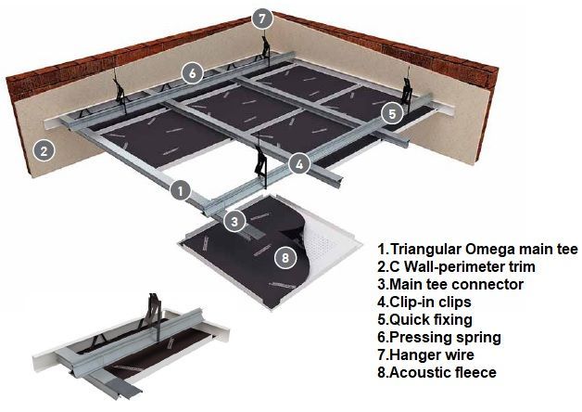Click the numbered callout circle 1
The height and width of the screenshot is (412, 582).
181,191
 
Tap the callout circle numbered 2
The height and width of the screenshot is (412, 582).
44,151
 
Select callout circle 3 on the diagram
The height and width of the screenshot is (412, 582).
234,222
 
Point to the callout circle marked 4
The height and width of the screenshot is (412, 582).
299,164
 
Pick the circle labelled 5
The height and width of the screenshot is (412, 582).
393,113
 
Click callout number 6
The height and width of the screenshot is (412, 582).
192,73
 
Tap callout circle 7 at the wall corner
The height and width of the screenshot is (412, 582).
262,19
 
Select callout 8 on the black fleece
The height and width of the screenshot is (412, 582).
285,257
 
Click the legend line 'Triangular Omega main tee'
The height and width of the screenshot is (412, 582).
477,250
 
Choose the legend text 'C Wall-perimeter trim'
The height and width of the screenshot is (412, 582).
456,266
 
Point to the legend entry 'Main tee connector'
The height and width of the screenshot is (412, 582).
450,285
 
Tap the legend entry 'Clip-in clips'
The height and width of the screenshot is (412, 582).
424,302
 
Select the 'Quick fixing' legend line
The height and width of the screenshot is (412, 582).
424,320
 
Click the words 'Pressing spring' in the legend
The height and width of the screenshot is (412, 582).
439,338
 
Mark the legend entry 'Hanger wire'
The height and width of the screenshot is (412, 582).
425,354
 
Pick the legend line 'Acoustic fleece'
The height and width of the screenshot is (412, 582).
436,372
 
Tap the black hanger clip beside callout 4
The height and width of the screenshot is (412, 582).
261,165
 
